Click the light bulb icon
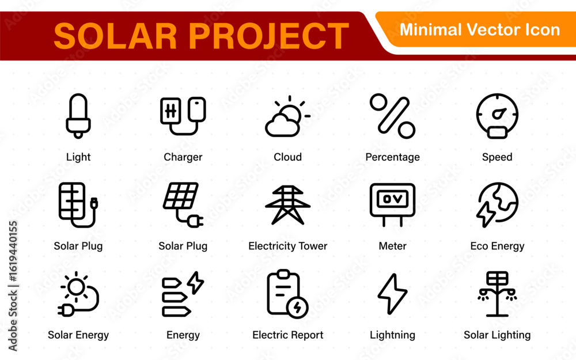pyautogui.click(x=78, y=116)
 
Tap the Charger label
pyautogui.click(x=183, y=157)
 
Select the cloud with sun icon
pyautogui.click(x=287, y=116)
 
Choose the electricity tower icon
pyautogui.click(x=287, y=205)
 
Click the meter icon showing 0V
pyautogui.click(x=392, y=204)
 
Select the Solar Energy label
pyautogui.click(x=78, y=335)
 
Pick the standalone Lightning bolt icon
pyautogui.click(x=392, y=294)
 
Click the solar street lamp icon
pyautogui.click(x=497, y=294)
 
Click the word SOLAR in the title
pyautogui.click(x=115, y=36)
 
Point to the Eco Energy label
pyautogui.click(x=497, y=246)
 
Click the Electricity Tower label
pyautogui.click(x=287, y=246)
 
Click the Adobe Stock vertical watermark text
pyautogui.click(x=13, y=286)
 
